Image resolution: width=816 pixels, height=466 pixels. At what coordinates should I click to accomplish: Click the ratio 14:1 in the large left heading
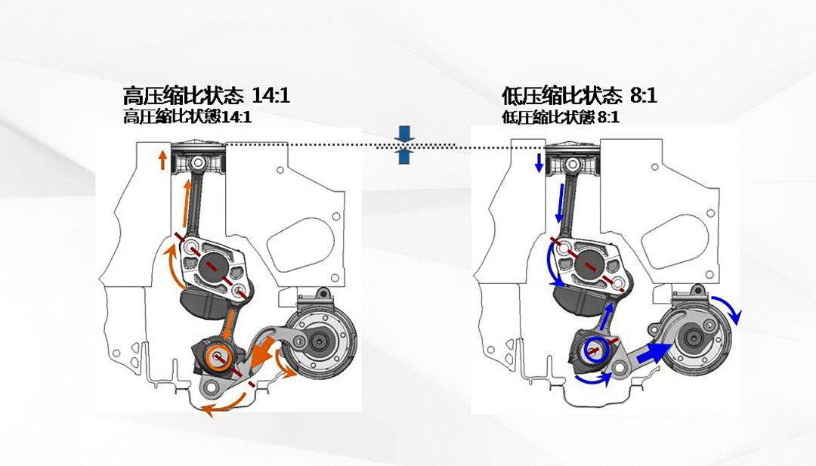pyautogui.click(x=269, y=97)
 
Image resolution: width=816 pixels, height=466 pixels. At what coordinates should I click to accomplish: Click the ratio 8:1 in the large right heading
pyautogui.click(x=641, y=97)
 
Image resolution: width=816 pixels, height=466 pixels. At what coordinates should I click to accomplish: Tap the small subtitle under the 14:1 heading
pyautogui.click(x=187, y=117)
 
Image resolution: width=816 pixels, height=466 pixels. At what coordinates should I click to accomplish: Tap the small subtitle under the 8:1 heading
pyautogui.click(x=561, y=117)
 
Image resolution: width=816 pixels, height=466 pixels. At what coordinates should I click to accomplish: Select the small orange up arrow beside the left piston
pyautogui.click(x=162, y=159)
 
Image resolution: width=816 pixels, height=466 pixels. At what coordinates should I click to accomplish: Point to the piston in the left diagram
pyautogui.click(x=198, y=162)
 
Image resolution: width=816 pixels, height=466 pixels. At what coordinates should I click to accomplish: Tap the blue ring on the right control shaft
pyautogui.click(x=595, y=349)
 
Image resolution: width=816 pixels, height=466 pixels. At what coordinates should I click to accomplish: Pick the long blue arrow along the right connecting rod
pyautogui.click(x=561, y=201)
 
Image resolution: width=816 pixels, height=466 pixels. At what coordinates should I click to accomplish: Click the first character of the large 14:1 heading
pyautogui.click(x=133, y=97)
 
